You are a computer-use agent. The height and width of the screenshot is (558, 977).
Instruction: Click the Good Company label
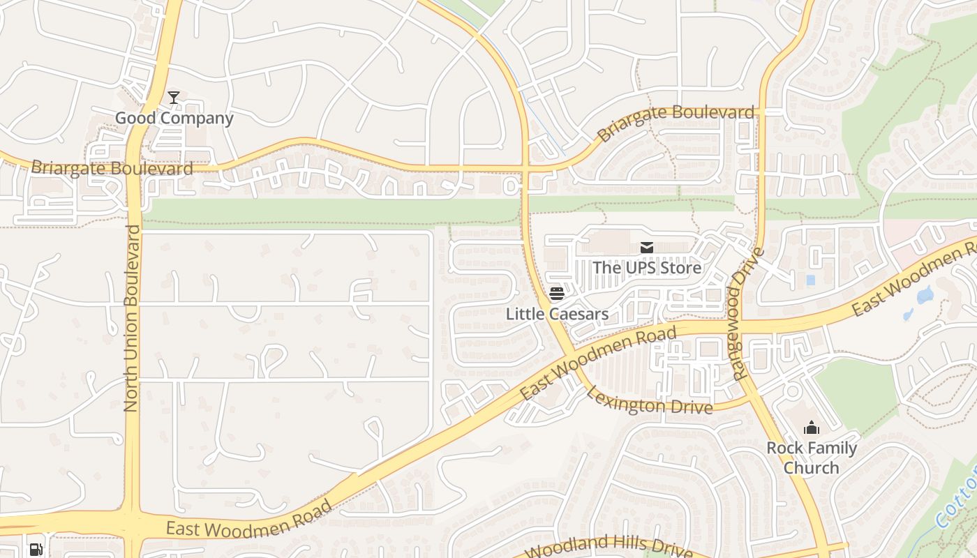click(174, 118)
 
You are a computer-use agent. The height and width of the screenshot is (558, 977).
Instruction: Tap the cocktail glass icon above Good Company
click(174, 98)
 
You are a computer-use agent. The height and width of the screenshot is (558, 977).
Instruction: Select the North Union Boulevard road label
click(131, 318)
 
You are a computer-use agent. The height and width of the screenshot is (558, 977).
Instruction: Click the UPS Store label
click(647, 268)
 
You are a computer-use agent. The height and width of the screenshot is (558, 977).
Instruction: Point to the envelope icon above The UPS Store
click(647, 248)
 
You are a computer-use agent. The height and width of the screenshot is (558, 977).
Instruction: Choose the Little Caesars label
click(557, 314)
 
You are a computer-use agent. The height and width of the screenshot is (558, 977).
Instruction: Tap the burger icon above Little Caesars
click(556, 293)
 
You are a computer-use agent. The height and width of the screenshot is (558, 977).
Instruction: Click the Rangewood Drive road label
click(748, 314)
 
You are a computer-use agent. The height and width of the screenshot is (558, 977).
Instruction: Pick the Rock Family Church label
click(812, 458)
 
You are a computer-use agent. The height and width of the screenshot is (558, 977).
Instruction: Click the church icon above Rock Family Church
click(812, 428)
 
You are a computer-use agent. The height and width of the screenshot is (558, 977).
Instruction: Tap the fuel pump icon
click(36, 549)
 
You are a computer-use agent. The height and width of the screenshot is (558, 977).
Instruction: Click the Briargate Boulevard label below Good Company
click(112, 168)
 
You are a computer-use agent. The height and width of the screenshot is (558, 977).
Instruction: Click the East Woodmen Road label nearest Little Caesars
click(598, 363)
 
